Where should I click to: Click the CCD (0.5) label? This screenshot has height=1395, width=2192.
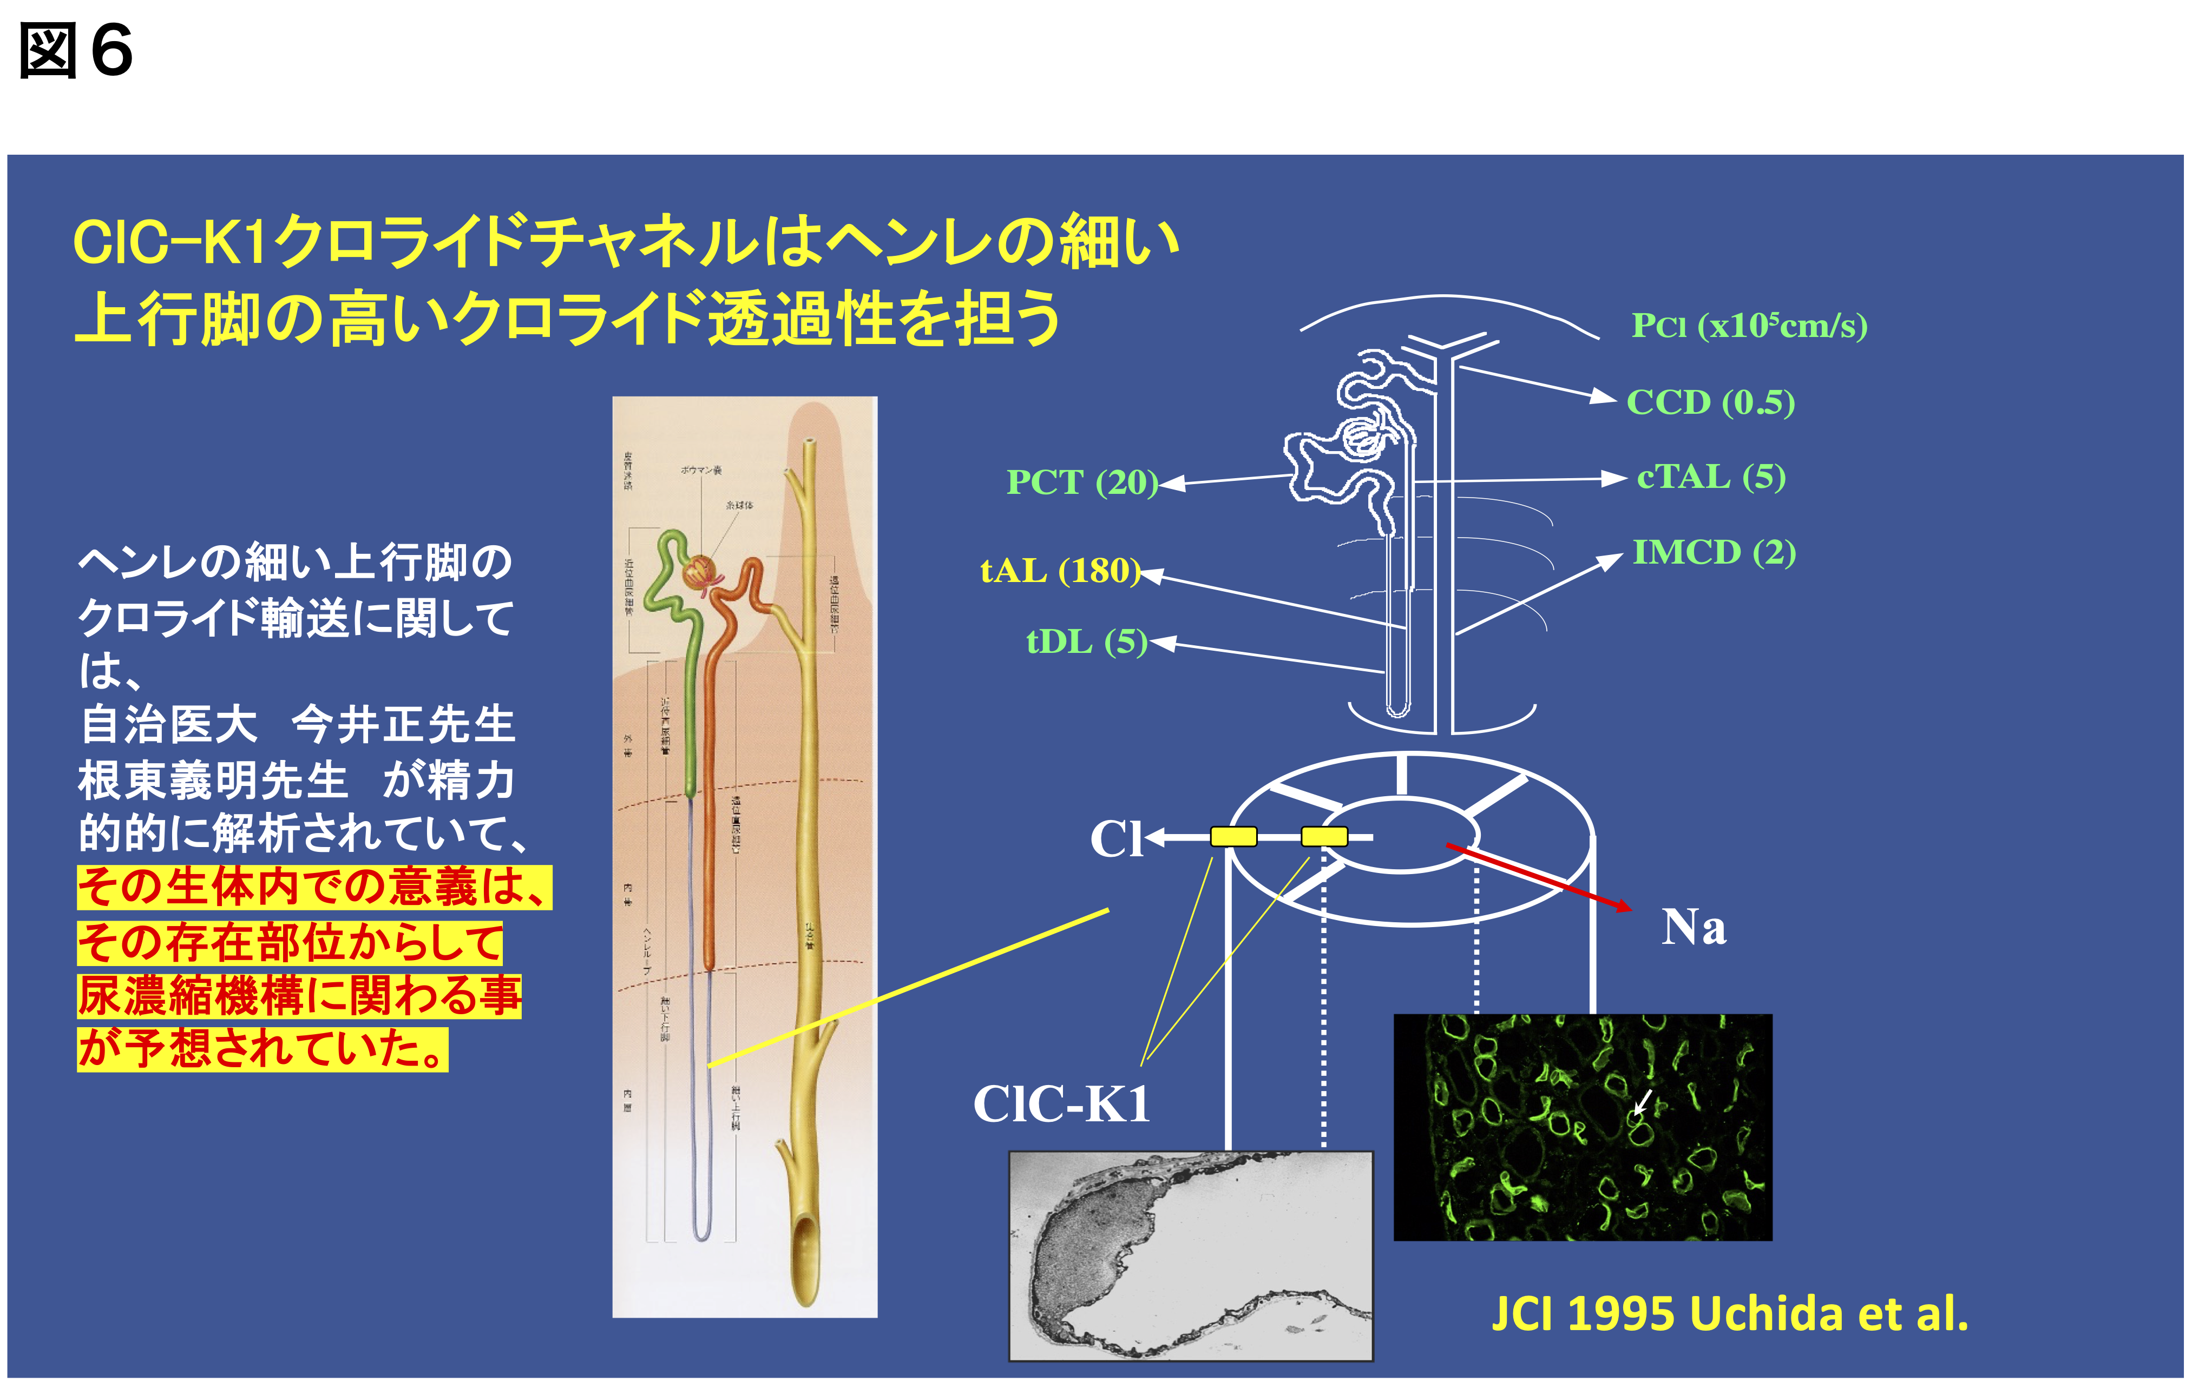1710,402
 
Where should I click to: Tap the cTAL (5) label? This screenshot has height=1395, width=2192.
1710,477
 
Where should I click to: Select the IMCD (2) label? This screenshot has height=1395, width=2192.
1713,552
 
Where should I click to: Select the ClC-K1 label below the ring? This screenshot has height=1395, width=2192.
1061,1104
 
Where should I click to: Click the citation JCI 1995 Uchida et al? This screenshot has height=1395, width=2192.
1730,1314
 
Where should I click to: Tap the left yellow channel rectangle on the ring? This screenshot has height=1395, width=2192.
1233,836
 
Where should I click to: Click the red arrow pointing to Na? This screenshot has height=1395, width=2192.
1538,877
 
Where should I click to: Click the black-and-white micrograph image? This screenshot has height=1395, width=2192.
1191,1256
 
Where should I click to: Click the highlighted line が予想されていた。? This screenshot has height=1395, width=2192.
262,1049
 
